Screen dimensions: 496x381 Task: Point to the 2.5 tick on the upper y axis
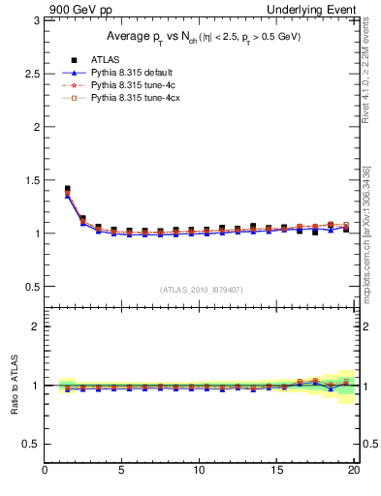click(31, 74)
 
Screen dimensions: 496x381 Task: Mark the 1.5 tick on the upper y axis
click(31, 180)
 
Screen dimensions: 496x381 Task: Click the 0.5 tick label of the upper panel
click(31, 287)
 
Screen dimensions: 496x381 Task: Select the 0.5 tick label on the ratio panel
click(31, 444)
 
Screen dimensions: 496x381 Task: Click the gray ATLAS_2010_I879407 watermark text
click(201, 290)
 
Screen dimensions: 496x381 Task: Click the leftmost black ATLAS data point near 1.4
click(67, 189)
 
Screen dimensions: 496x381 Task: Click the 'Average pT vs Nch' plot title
click(202, 36)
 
